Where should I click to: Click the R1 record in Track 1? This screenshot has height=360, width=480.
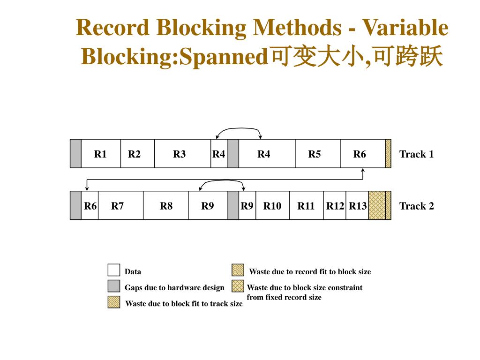pyautogui.click(x=101, y=154)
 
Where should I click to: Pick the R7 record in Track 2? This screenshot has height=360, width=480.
pyautogui.click(x=120, y=205)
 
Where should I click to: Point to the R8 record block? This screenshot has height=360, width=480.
pyautogui.click(x=166, y=205)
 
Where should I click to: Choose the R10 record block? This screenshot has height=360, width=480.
pyautogui.click(x=272, y=205)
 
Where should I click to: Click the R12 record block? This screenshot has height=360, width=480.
pyautogui.click(x=335, y=205)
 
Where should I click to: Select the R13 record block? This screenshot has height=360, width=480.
pyautogui.click(x=357, y=205)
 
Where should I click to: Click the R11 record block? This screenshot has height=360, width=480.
pyautogui.click(x=306, y=205)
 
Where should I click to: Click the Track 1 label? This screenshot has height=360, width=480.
pyautogui.click(x=416, y=154)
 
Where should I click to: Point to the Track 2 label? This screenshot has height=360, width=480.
pyautogui.click(x=416, y=206)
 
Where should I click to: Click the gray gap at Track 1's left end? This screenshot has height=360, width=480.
pyautogui.click(x=75, y=154)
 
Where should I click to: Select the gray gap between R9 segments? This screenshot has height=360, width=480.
pyautogui.click(x=233, y=205)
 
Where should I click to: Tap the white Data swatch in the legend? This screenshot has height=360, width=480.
pyautogui.click(x=113, y=270)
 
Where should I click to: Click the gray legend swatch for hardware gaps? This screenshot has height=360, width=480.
pyautogui.click(x=113, y=286)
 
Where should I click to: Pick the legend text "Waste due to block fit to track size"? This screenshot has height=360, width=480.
pyautogui.click(x=184, y=304)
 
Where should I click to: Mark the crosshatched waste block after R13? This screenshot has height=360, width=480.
pyautogui.click(x=376, y=205)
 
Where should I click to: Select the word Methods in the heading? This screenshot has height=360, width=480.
pyautogui.click(x=297, y=28)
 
